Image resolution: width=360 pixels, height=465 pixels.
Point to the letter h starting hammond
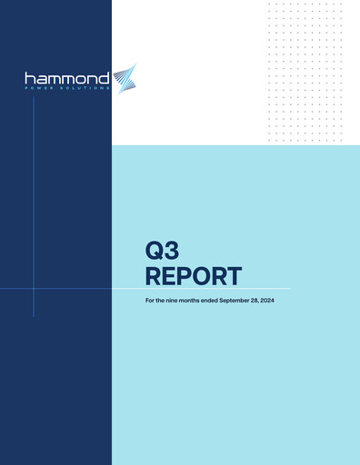[x=30, y=78]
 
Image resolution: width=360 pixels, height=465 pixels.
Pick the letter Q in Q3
[x=154, y=250]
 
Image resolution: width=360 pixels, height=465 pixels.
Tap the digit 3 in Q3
[x=169, y=250]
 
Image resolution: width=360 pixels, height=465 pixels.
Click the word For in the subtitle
[x=150, y=299]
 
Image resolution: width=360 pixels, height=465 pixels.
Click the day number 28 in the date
[x=265, y=299]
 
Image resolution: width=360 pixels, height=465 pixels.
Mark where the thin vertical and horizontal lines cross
[x=34, y=289]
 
